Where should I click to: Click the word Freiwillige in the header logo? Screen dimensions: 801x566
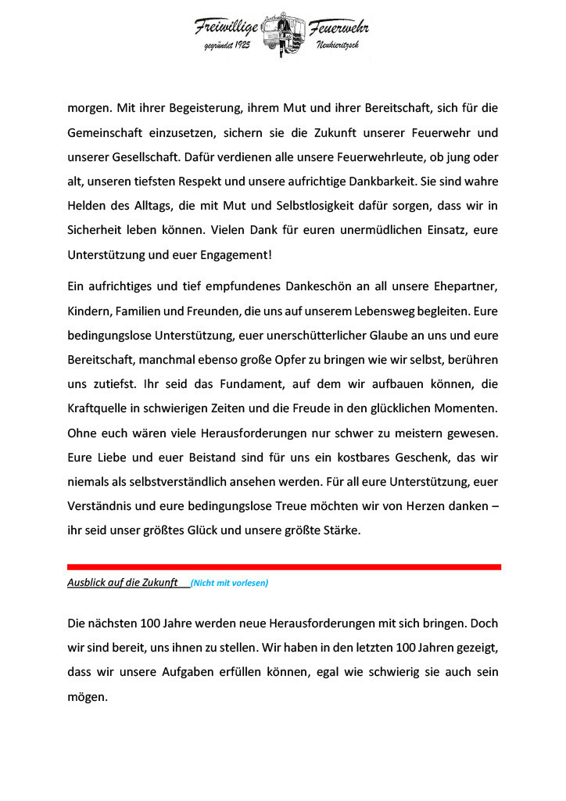tap(227, 27)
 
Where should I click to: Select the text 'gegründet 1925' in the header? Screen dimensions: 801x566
tap(227, 47)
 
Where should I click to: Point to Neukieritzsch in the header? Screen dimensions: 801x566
tap(338, 47)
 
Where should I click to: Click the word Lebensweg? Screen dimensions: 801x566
tap(382, 311)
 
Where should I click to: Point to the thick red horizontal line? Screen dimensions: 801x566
tap(284, 566)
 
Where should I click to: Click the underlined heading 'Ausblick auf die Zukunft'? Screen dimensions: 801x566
tap(122, 583)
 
